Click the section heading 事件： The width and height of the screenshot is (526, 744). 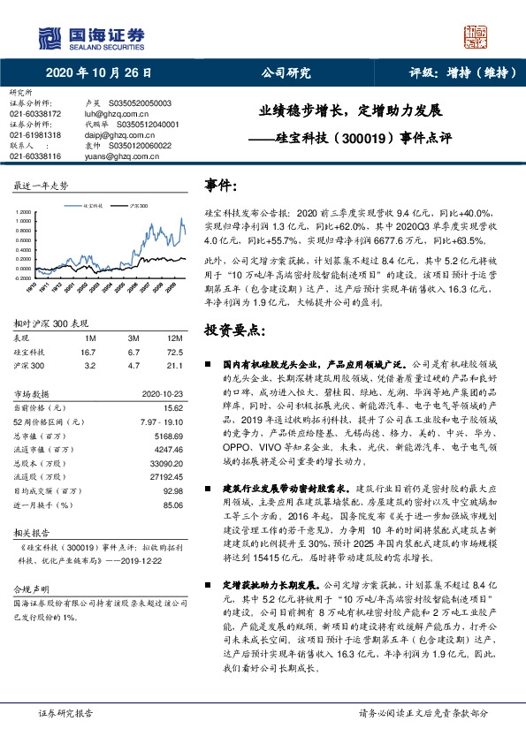[x=221, y=186]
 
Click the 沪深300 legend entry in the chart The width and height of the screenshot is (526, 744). [x=137, y=204]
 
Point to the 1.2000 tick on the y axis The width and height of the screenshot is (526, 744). [x=25, y=213]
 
